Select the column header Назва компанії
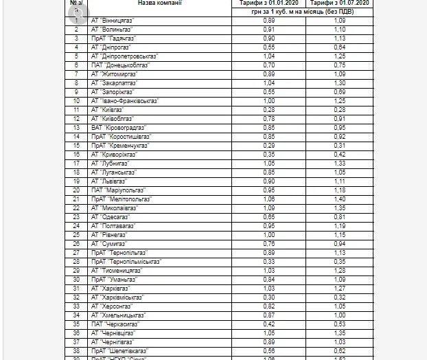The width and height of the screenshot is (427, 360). [160, 3]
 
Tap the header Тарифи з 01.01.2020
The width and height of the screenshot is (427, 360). [270, 3]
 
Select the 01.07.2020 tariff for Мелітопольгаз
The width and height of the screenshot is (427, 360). [338, 199]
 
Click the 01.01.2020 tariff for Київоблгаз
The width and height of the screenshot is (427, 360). [270, 118]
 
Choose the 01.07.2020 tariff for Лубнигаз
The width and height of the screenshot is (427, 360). [338, 163]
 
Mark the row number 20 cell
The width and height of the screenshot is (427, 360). [77, 190]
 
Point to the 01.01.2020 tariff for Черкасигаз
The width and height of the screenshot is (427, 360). [270, 324]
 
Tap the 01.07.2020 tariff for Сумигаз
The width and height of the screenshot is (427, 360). [338, 243]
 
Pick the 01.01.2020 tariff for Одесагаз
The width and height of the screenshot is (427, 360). [270, 216]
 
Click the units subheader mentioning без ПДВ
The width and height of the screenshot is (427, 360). [304, 12]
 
